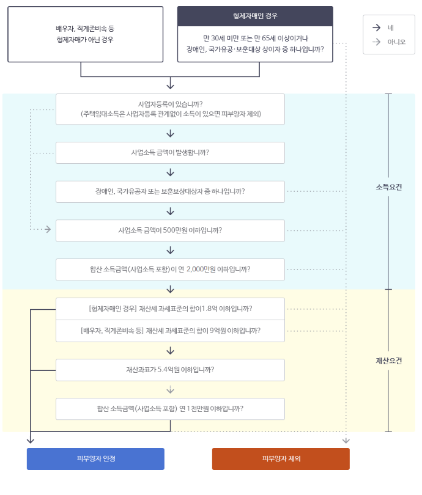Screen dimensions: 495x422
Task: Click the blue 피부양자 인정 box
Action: [x=95, y=458]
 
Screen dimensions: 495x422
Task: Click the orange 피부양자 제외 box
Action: [x=281, y=458]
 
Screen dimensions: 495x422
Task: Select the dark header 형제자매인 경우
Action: [x=255, y=16]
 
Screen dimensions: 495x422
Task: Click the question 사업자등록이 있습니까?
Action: [x=170, y=109]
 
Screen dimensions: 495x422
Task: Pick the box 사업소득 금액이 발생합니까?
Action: [x=170, y=153]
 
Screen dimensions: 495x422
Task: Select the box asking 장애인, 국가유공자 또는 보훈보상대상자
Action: [x=170, y=191]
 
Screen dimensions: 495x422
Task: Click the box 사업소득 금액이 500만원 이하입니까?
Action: [x=170, y=230]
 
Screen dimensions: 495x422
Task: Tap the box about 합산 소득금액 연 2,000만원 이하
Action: [x=170, y=269]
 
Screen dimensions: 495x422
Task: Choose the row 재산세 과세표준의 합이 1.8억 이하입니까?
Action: [x=170, y=309]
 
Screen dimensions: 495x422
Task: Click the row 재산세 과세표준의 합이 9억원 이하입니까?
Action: [x=170, y=331]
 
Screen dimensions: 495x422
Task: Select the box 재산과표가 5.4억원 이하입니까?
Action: [x=170, y=370]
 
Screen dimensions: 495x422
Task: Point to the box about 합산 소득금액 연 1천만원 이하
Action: [x=170, y=409]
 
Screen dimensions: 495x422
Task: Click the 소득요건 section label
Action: [x=388, y=187]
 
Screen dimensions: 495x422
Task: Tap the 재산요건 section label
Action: [x=388, y=361]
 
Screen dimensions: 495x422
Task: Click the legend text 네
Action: [x=391, y=28]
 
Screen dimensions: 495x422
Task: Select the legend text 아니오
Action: [x=396, y=42]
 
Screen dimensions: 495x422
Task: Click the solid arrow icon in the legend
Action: [x=376, y=28]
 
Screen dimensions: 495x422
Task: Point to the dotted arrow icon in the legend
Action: [x=376, y=42]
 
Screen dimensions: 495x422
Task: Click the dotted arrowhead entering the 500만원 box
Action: [x=48, y=230]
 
